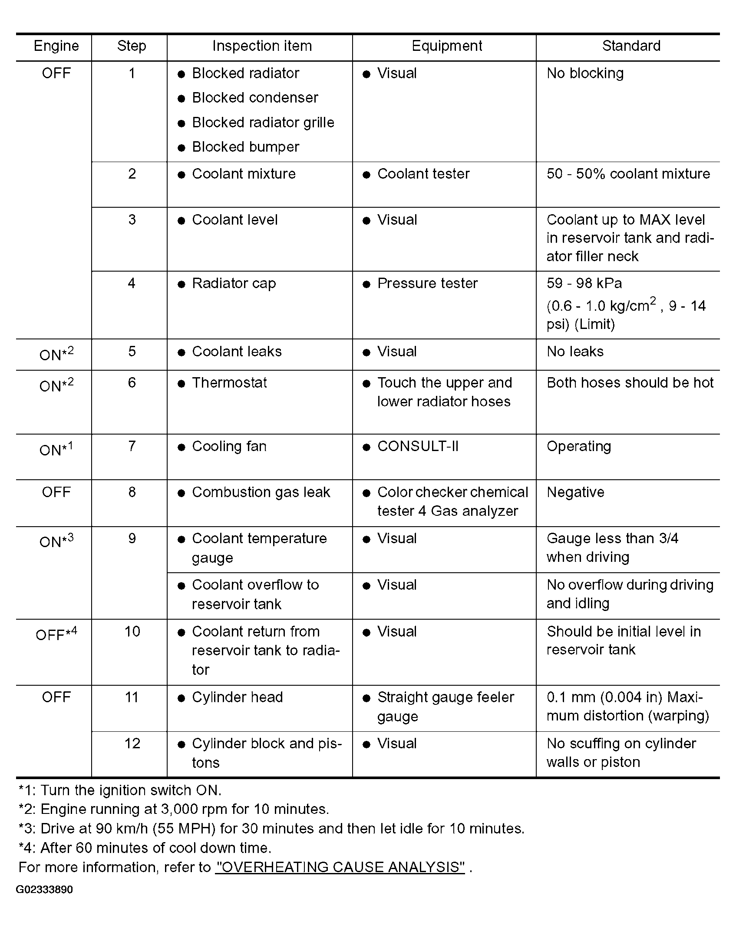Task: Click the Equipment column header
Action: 447,46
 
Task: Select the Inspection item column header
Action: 262,46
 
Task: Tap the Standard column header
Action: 631,46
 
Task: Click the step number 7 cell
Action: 132,446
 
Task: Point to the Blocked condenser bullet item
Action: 255,98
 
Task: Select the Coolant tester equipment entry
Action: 423,174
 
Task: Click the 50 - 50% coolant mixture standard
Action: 628,174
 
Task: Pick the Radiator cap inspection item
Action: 234,283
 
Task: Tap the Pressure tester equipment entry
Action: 427,283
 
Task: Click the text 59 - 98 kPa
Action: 584,283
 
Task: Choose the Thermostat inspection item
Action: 229,383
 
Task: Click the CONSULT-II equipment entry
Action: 418,446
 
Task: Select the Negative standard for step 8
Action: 575,492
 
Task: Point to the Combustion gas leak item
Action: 261,492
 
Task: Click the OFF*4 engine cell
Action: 56,634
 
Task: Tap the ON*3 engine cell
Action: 56,541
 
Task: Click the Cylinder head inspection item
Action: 237,697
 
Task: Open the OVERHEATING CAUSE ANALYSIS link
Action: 340,867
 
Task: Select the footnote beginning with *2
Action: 174,809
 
